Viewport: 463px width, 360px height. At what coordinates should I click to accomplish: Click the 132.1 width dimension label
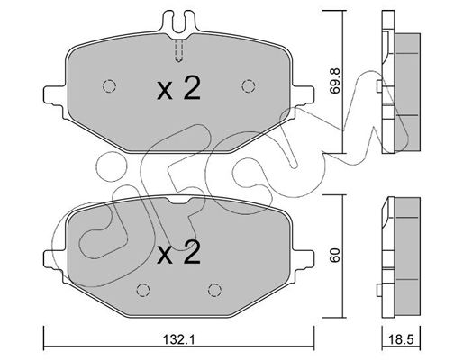(x=179, y=339)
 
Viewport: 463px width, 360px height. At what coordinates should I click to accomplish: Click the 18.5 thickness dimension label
(x=401, y=339)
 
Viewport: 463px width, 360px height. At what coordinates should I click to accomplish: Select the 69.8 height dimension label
(x=334, y=81)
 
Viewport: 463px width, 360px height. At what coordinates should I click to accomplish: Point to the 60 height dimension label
(x=334, y=255)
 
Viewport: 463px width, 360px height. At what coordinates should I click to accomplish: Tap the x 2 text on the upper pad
(x=178, y=88)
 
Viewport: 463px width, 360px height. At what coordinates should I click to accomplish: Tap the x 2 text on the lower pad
(x=178, y=253)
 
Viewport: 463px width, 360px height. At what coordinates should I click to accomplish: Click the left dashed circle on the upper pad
(x=109, y=86)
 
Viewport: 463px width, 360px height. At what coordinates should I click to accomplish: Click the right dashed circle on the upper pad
(x=249, y=86)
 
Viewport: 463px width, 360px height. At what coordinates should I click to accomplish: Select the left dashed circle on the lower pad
(x=143, y=290)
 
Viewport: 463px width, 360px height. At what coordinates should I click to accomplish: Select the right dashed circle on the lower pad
(x=215, y=290)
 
